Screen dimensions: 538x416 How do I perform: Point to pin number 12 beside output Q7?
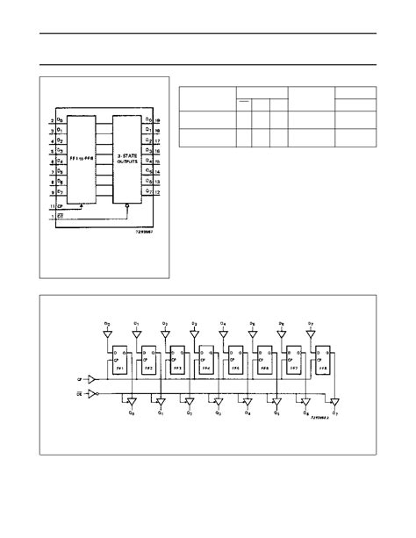(157, 191)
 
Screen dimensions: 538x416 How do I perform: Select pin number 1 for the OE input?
(52, 215)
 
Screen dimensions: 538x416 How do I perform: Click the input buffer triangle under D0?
(107, 334)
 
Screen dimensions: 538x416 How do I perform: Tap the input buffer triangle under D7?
(312, 334)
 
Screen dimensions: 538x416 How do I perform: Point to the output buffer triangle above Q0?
(132, 401)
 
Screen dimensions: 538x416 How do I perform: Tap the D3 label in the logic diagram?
(194, 324)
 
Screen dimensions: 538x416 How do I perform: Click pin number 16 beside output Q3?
(157, 150)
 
